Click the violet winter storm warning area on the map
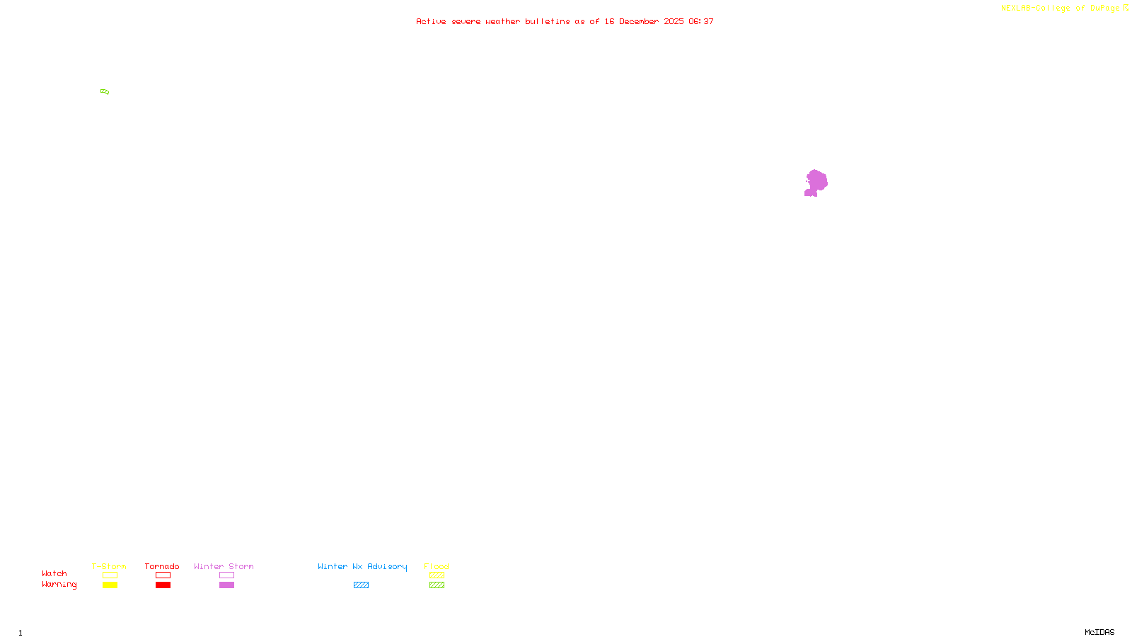(x=816, y=182)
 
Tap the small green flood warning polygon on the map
(x=105, y=91)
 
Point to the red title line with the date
(x=565, y=22)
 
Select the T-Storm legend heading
(x=109, y=566)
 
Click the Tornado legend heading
(x=162, y=566)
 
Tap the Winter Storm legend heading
(x=224, y=566)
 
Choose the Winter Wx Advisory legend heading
(x=362, y=566)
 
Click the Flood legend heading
(x=437, y=566)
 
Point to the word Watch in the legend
(x=54, y=573)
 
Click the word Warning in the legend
(x=59, y=585)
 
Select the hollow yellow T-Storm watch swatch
(x=110, y=575)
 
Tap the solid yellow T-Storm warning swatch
(x=110, y=585)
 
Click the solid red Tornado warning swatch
(x=163, y=585)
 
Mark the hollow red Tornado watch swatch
(x=163, y=575)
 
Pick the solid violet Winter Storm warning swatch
(x=226, y=585)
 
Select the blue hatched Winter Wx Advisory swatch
(x=361, y=585)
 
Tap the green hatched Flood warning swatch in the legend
(x=437, y=585)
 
